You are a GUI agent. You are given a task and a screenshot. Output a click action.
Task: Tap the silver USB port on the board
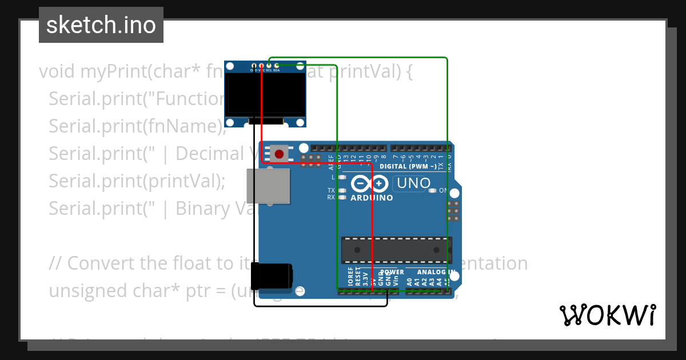click(x=268, y=186)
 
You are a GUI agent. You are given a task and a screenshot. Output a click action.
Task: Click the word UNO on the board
click(x=413, y=183)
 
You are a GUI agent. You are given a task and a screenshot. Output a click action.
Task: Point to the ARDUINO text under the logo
click(x=372, y=198)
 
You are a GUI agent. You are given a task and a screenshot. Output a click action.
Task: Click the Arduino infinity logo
click(x=370, y=184)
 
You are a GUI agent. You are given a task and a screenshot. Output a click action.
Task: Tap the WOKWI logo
click(x=607, y=315)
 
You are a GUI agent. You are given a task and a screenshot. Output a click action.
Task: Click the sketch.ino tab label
click(x=101, y=25)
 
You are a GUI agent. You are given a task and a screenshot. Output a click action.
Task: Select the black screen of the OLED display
click(x=265, y=94)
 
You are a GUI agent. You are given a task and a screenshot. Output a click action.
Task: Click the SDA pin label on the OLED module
click(x=277, y=70)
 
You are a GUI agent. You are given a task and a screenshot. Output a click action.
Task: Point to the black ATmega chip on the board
click(x=396, y=250)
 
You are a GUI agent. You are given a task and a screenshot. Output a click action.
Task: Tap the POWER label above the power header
click(x=392, y=272)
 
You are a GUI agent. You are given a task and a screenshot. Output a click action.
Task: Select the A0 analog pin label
click(x=409, y=281)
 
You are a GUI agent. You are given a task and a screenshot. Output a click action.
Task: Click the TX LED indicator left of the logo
click(x=342, y=190)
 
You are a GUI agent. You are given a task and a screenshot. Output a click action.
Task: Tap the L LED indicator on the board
click(x=342, y=178)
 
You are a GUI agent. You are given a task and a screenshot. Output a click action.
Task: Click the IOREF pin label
click(x=350, y=277)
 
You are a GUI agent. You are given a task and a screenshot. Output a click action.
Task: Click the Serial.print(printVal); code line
click(x=137, y=181)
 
